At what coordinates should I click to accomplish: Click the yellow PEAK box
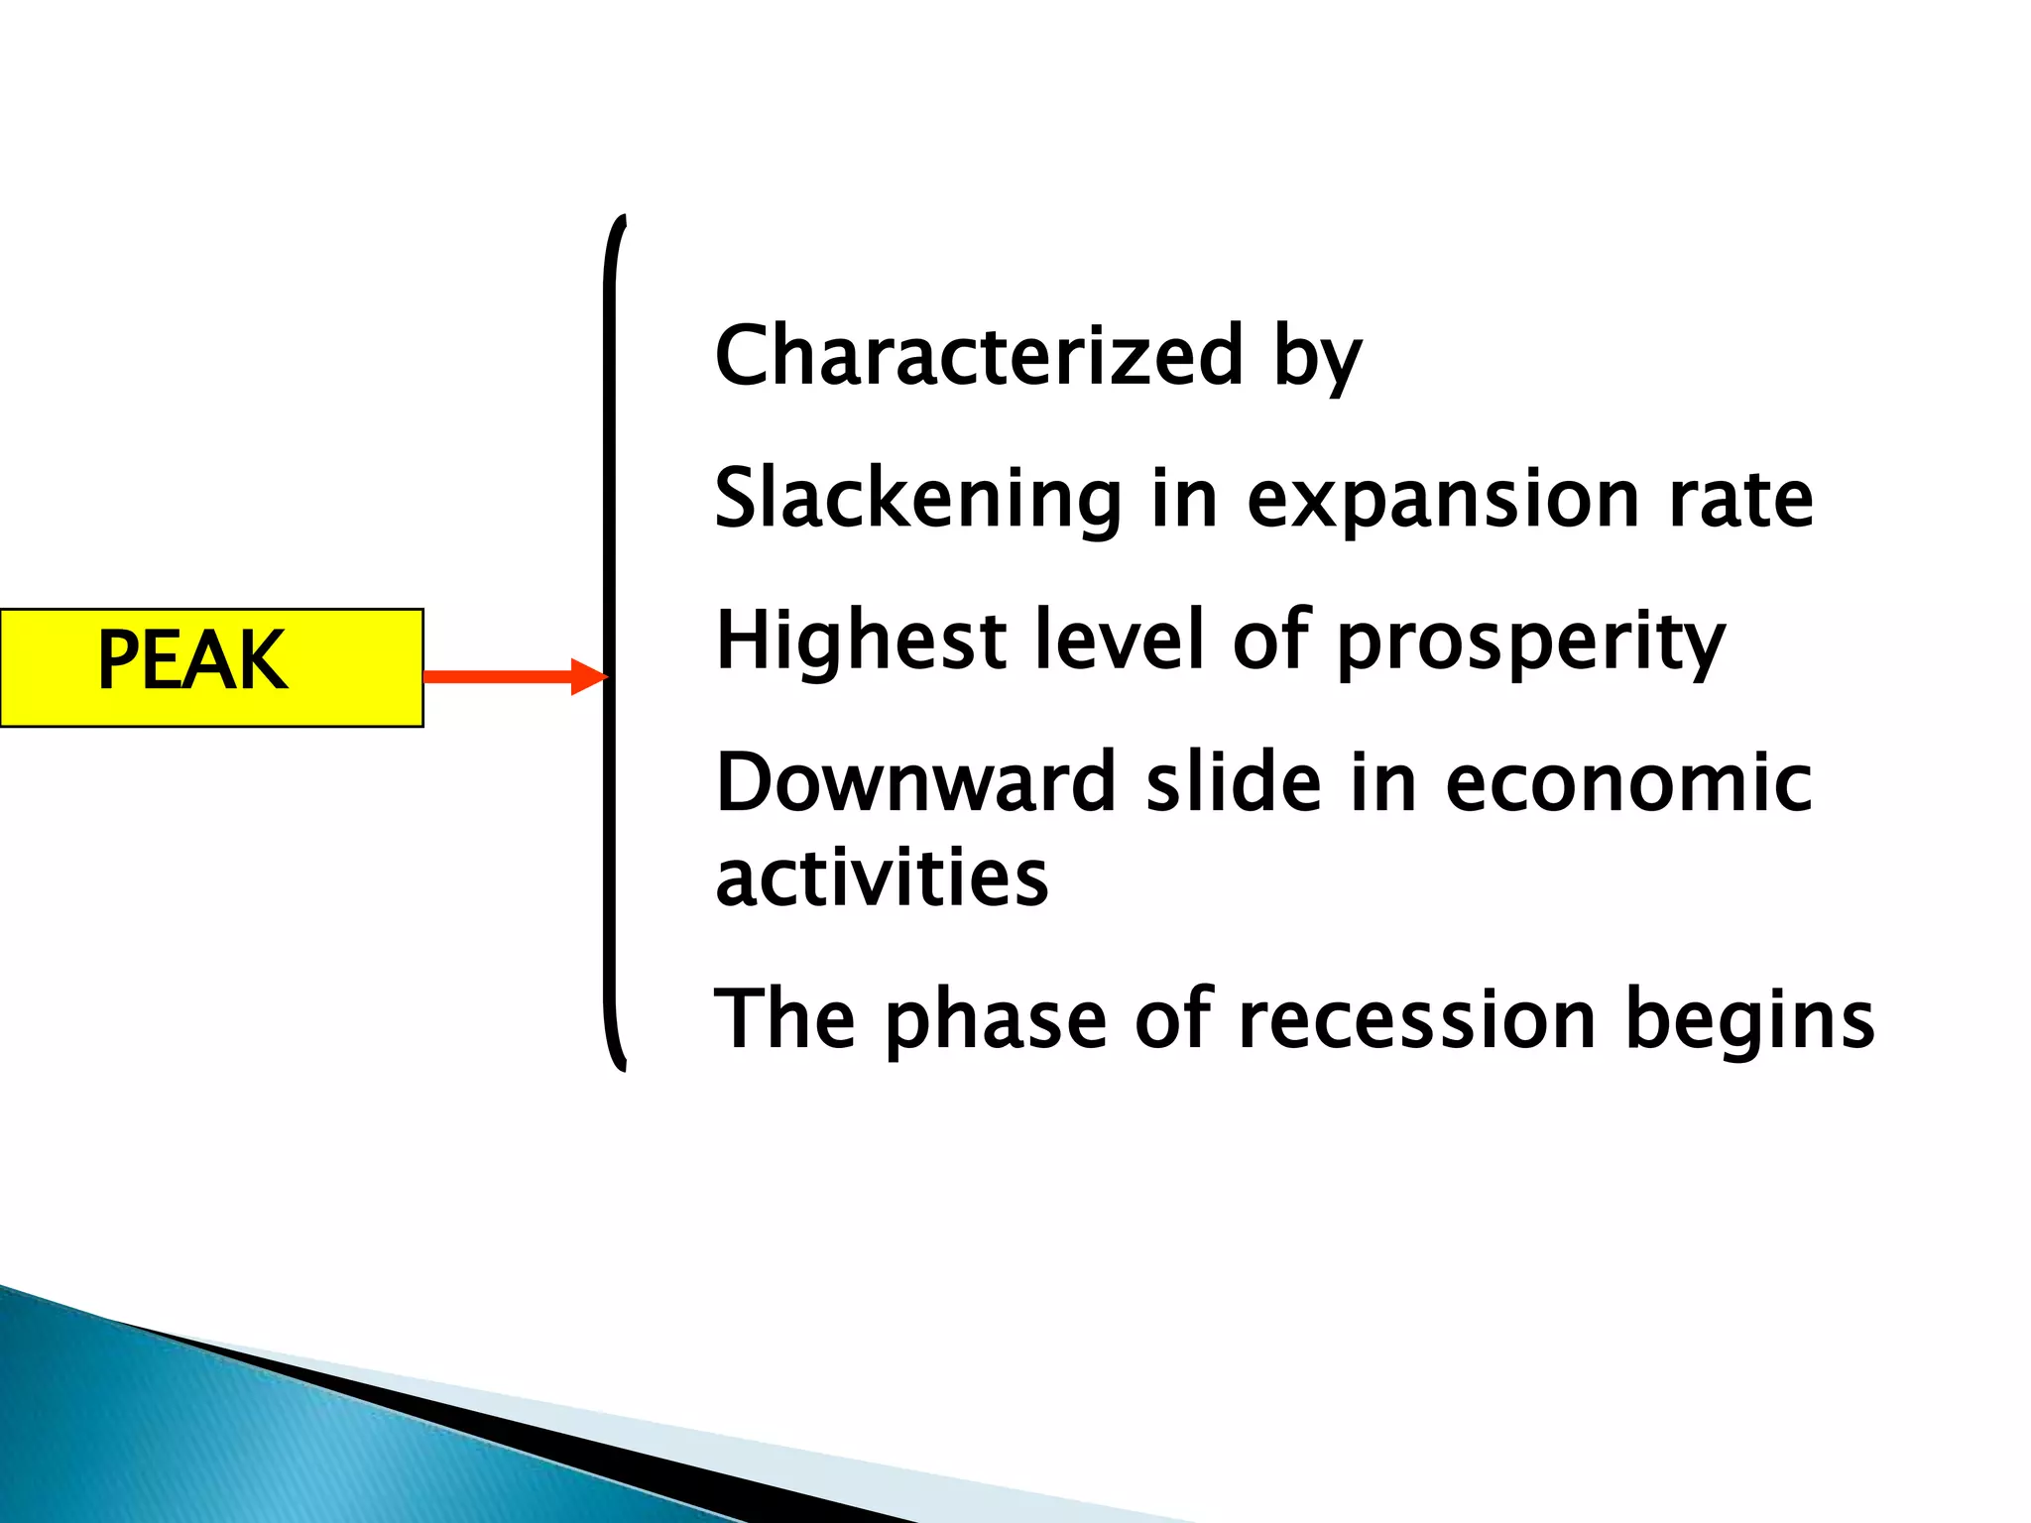coord(211,667)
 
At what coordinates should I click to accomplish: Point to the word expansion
coord(1443,502)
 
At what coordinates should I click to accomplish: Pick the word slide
coord(1233,782)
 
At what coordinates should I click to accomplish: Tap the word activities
coord(882,878)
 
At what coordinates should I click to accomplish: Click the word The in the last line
coord(784,1018)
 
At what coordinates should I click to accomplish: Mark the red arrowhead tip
coord(605,676)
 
